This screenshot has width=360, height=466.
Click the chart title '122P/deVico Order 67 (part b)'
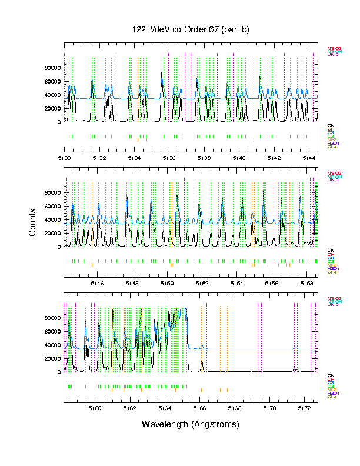[x=190, y=30]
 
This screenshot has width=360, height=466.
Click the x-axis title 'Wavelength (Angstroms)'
[x=190, y=424]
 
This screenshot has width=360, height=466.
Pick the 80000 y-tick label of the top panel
[x=52, y=68]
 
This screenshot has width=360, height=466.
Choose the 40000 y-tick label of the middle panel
[x=52, y=220]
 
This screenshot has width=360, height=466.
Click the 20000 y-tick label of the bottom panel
[x=52, y=358]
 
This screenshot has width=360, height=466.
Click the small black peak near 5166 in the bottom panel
[x=201, y=362]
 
